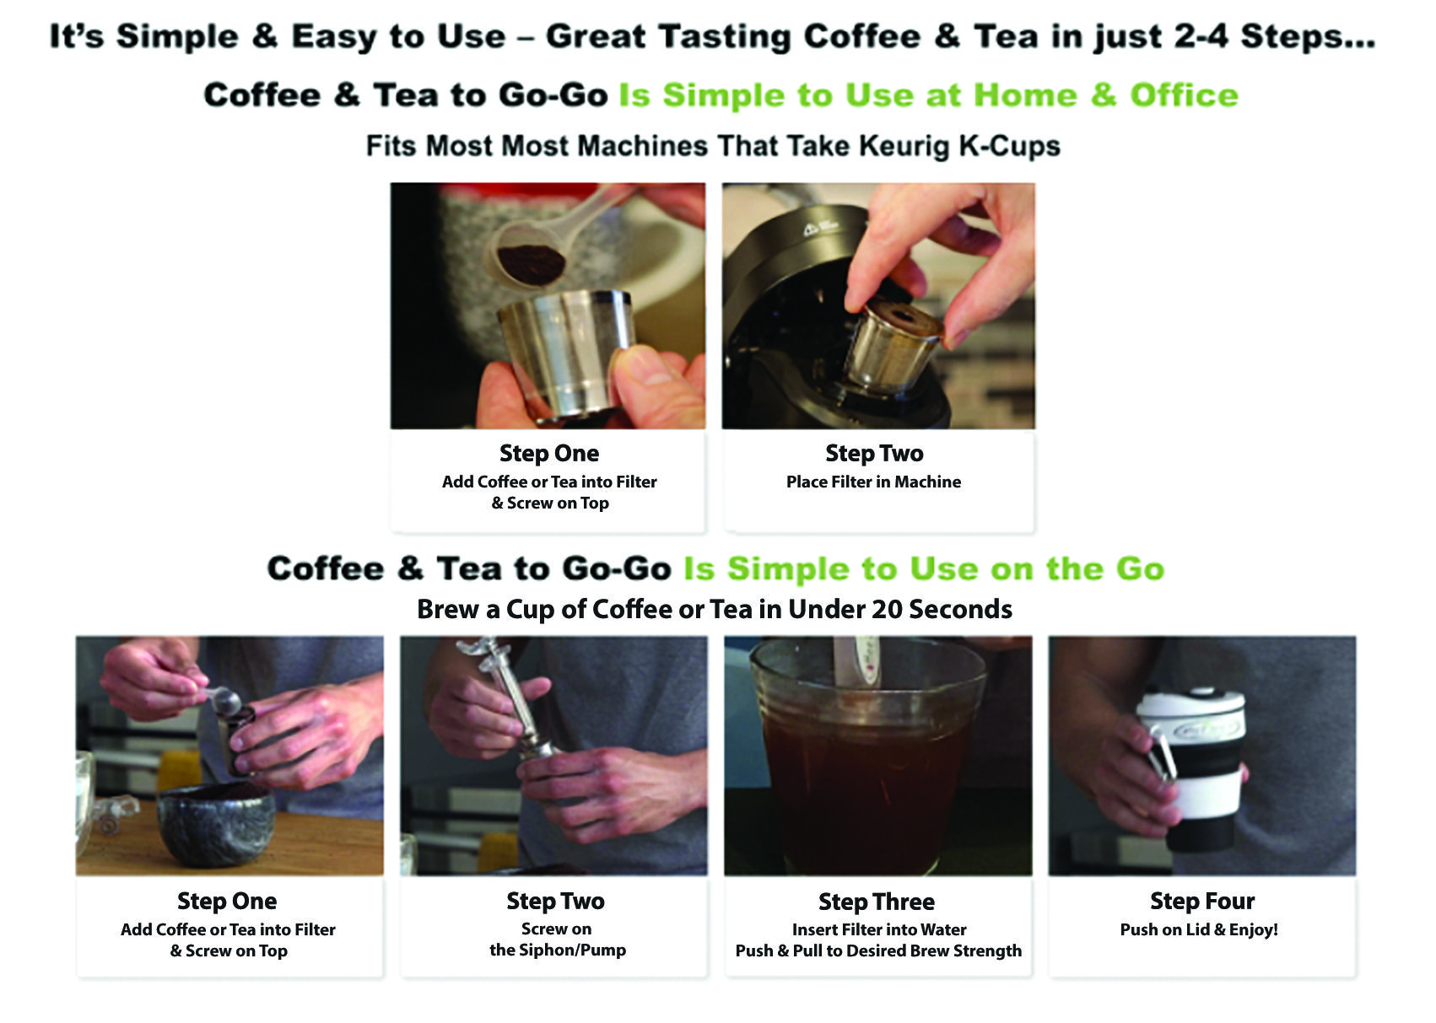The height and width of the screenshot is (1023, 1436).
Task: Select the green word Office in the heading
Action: click(x=1184, y=95)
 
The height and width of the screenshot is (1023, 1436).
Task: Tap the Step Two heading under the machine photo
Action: click(x=874, y=453)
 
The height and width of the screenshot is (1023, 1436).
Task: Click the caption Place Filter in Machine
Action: click(x=874, y=482)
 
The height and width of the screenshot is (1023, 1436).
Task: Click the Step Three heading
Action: click(x=877, y=902)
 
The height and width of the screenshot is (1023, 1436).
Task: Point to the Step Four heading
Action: click(x=1202, y=902)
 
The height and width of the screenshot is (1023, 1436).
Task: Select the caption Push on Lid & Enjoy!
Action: click(x=1199, y=930)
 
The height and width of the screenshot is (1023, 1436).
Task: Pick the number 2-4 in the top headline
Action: click(x=1200, y=36)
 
